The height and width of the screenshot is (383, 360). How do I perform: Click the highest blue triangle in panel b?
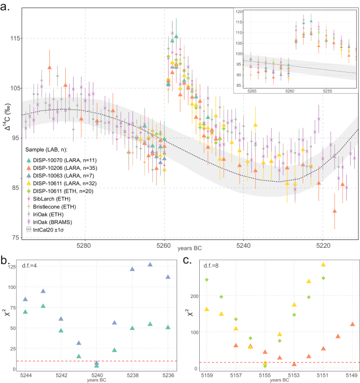point(150,265)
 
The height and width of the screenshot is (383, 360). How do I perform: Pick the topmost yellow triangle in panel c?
point(323,265)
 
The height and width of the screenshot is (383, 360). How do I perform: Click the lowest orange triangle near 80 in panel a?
point(335,211)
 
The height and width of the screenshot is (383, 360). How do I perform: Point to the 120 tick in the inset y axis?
point(239,11)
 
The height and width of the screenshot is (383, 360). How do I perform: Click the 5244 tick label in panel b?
point(25,375)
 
